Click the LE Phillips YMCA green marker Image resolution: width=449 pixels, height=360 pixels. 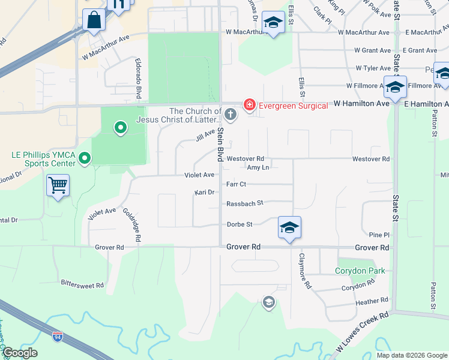point(85,158)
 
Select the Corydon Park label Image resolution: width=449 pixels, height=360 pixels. point(360,271)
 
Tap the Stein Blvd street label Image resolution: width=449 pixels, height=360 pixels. point(220,144)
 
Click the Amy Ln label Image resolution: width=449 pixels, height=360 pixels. point(258,167)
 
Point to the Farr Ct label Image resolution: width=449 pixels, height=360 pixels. point(236,184)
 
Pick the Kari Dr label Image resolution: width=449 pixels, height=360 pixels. point(204,193)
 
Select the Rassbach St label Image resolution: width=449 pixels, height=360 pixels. point(245,203)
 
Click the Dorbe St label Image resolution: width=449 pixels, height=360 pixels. point(240,224)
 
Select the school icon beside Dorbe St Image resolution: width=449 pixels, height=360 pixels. point(289,227)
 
